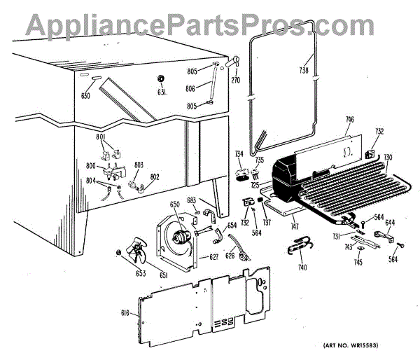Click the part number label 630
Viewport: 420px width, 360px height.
coord(86,95)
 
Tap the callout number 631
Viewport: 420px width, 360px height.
coord(161,92)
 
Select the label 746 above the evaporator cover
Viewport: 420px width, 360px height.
coord(349,120)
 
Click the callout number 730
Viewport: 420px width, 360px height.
coord(388,156)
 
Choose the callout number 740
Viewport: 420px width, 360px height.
coord(302,268)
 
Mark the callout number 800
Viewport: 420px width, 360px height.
coord(90,166)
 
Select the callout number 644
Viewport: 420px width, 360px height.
coord(390,223)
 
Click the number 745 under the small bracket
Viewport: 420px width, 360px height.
coord(358,263)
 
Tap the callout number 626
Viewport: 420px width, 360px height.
coord(229,256)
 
